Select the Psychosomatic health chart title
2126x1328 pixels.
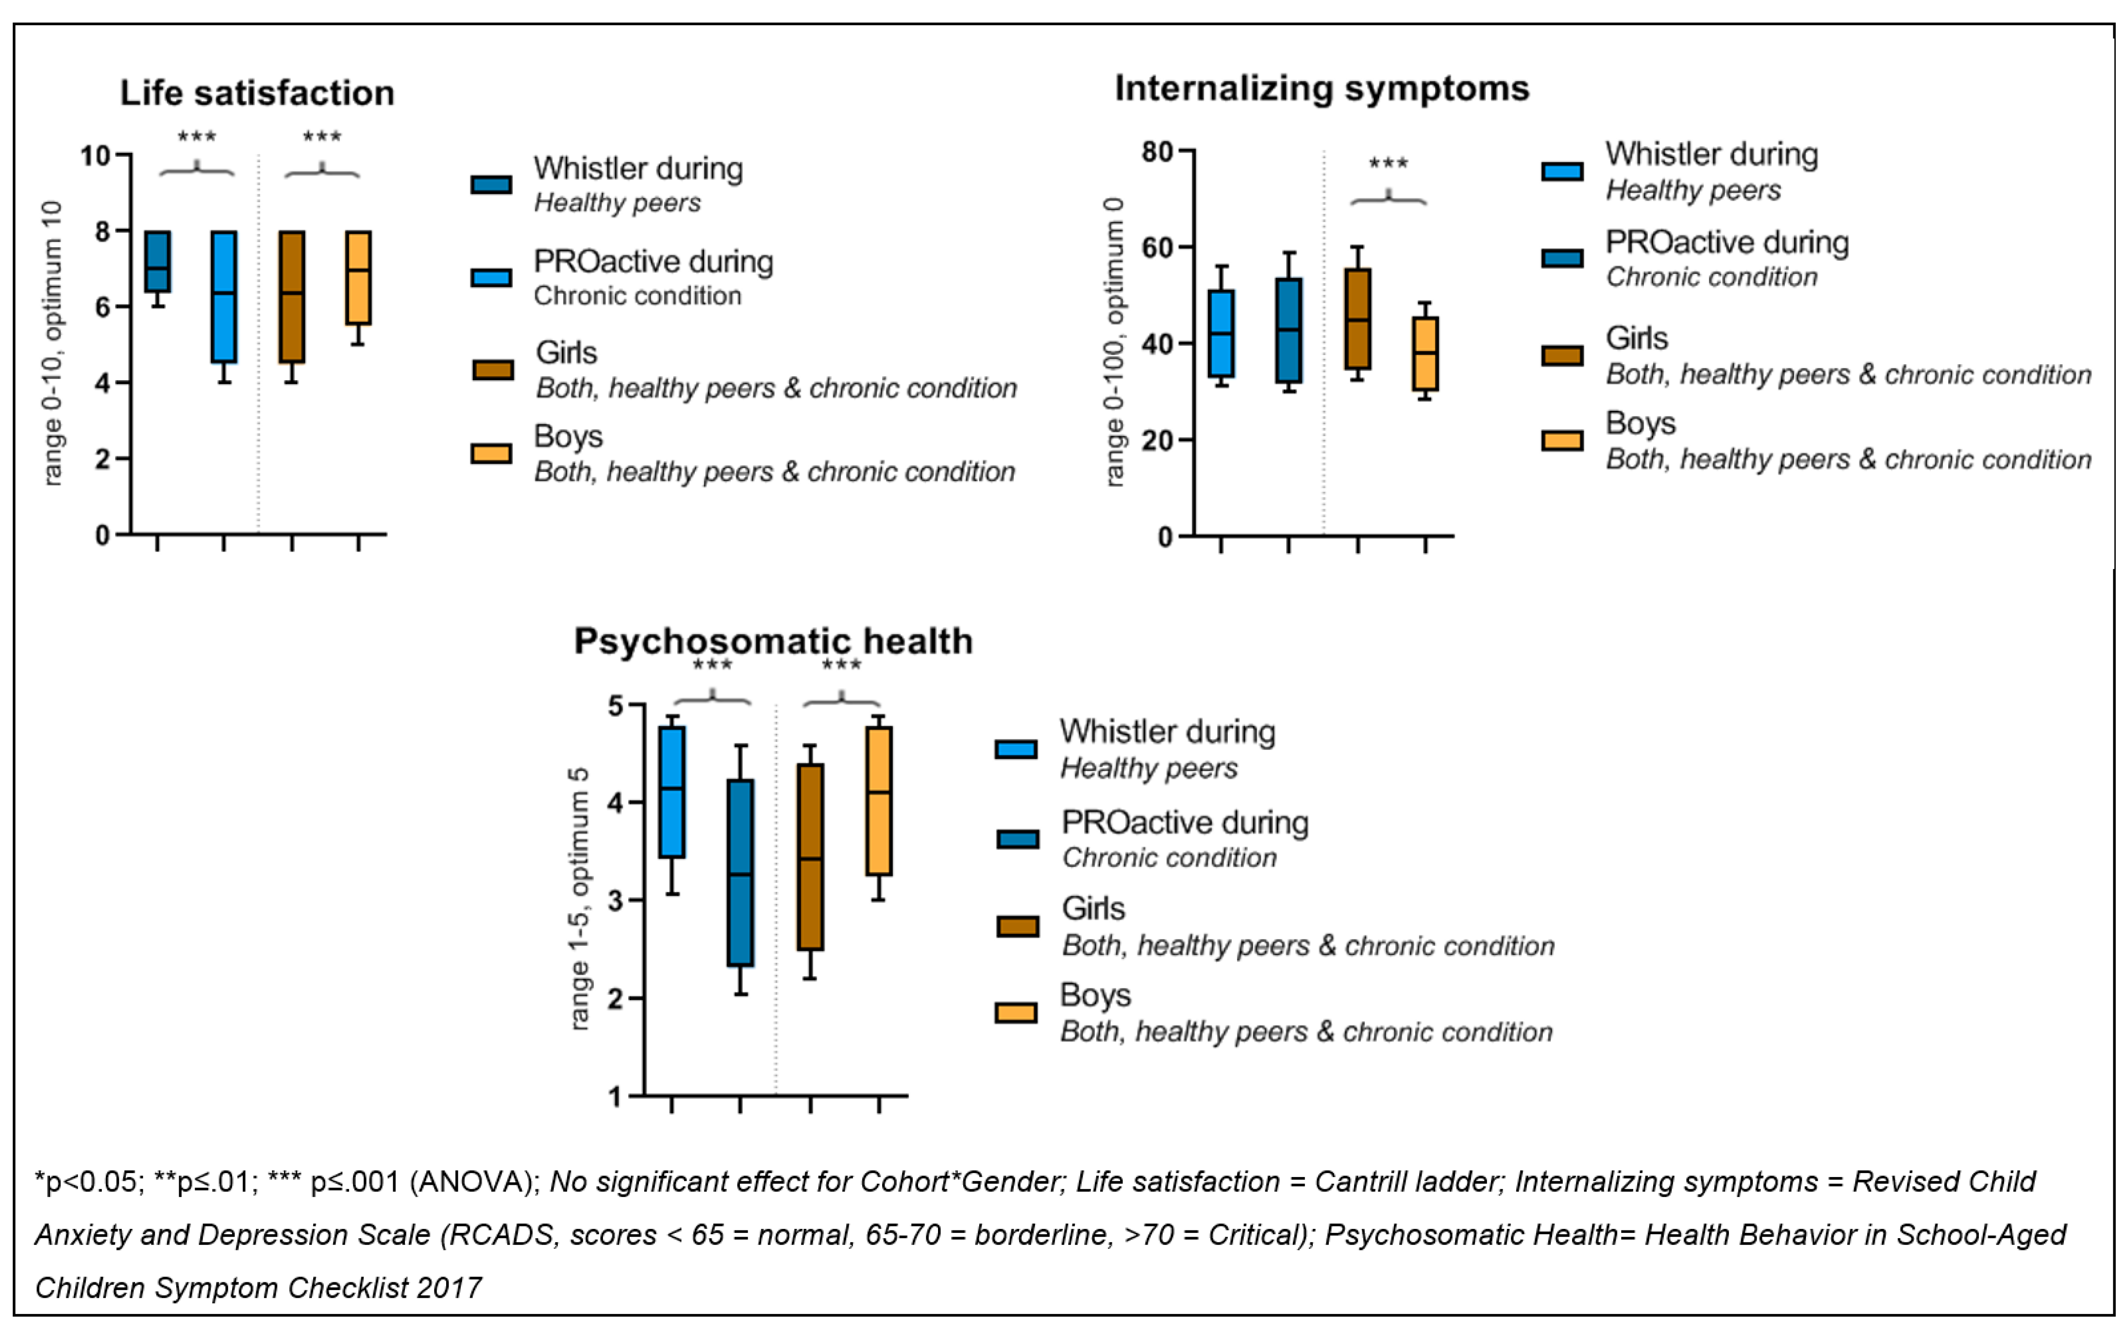click(x=773, y=641)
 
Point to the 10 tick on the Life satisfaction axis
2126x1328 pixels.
click(x=97, y=156)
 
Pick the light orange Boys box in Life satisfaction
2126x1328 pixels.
click(x=357, y=278)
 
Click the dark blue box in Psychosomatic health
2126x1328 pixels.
click(x=740, y=872)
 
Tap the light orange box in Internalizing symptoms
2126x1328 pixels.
click(x=1424, y=353)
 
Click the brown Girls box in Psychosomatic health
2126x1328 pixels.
click(x=810, y=857)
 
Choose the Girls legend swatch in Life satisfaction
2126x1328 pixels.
click(x=493, y=370)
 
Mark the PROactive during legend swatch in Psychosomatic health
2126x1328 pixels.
click(x=1017, y=839)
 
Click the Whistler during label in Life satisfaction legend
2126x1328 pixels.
click(x=638, y=168)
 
